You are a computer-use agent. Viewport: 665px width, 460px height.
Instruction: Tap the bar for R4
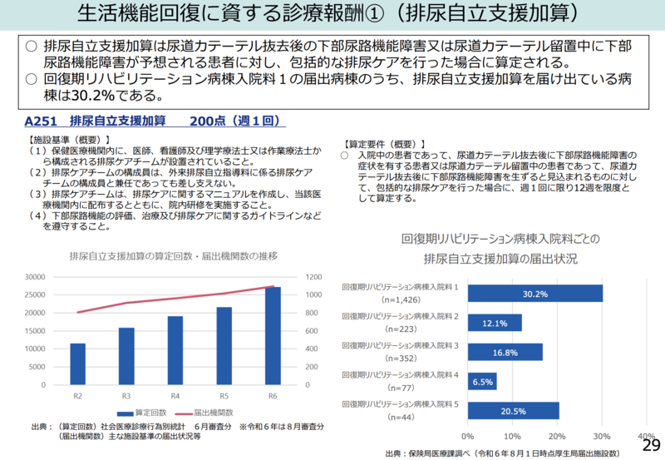point(175,351)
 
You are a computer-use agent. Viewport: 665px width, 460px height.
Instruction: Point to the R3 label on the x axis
point(126,395)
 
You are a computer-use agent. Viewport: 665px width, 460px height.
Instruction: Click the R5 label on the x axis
point(224,395)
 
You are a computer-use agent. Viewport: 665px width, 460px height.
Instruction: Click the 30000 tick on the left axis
point(36,277)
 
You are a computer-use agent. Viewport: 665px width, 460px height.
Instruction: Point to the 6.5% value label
point(482,381)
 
